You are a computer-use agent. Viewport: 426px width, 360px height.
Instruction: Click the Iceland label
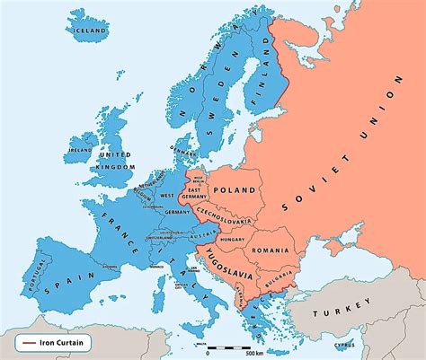[x=89, y=30]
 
